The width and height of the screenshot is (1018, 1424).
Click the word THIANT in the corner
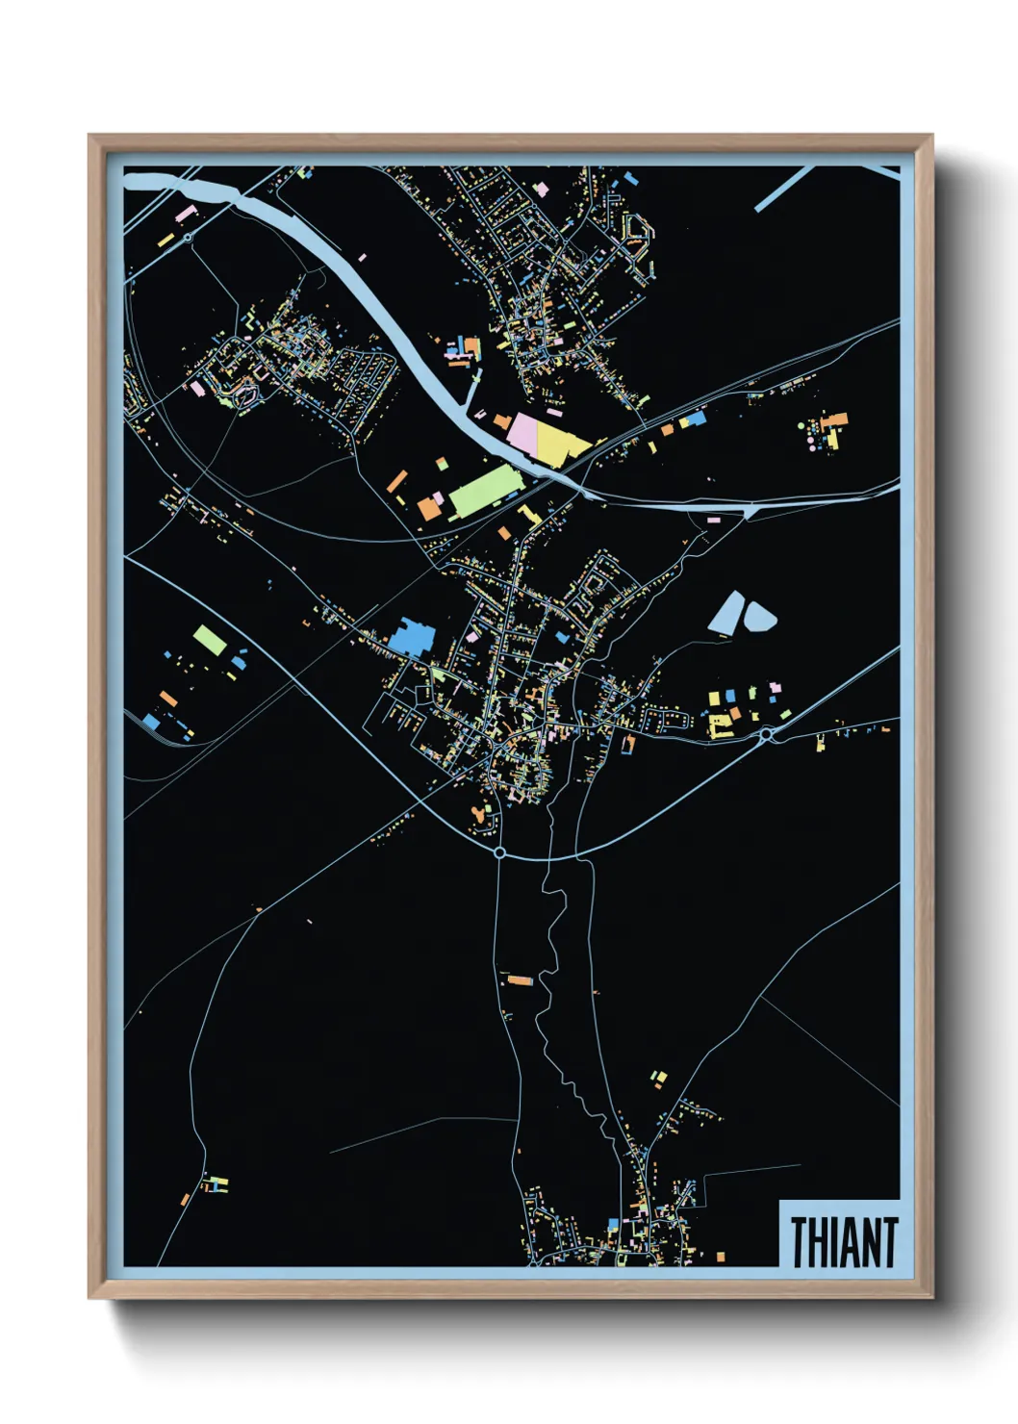pos(844,1241)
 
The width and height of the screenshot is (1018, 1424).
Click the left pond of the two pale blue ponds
pos(726,612)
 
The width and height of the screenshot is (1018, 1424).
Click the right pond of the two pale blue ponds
pos(759,616)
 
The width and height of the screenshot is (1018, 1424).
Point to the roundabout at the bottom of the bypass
pos(499,852)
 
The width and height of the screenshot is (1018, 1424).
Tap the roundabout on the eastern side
pos(766,735)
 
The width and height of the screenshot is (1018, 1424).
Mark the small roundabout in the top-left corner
pos(188,236)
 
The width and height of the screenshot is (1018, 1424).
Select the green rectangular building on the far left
pos(210,640)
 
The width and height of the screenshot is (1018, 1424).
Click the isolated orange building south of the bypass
pos(520,980)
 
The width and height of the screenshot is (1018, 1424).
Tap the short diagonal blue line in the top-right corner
pos(784,189)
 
